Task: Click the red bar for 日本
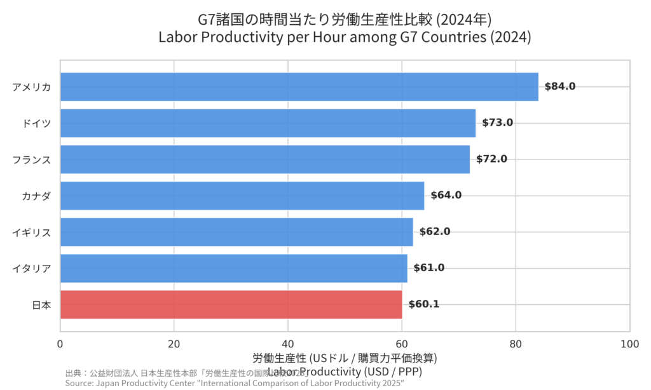(x=231, y=304)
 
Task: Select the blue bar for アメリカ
(x=299, y=86)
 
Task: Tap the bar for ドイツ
(x=268, y=123)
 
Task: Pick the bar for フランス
(x=264, y=159)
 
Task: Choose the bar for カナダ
(x=242, y=195)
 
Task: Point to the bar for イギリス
(x=236, y=232)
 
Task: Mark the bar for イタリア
(x=233, y=268)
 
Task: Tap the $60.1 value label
(x=423, y=304)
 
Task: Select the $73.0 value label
(x=497, y=123)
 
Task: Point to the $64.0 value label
(x=446, y=195)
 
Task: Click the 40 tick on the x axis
(x=288, y=344)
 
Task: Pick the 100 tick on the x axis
(x=629, y=344)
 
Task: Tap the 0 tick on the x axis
(x=60, y=344)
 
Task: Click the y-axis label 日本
(x=41, y=305)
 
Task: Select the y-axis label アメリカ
(x=32, y=87)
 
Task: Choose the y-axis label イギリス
(x=32, y=232)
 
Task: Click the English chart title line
(x=344, y=37)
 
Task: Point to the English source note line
(x=234, y=384)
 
